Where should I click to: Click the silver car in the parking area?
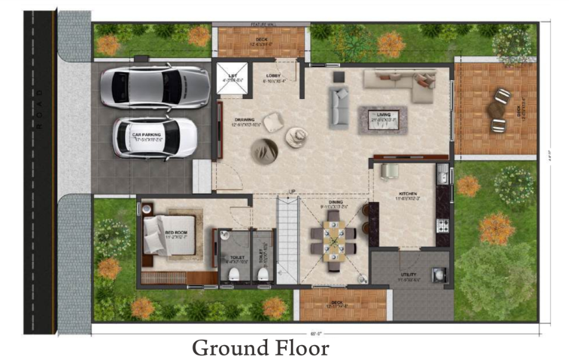[x=154, y=88]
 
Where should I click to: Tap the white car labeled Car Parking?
[x=154, y=137]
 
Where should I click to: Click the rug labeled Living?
[x=382, y=119]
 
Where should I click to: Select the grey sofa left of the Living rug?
[x=339, y=107]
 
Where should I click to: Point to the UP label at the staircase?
[x=292, y=191]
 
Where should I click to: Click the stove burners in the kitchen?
[x=442, y=225]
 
